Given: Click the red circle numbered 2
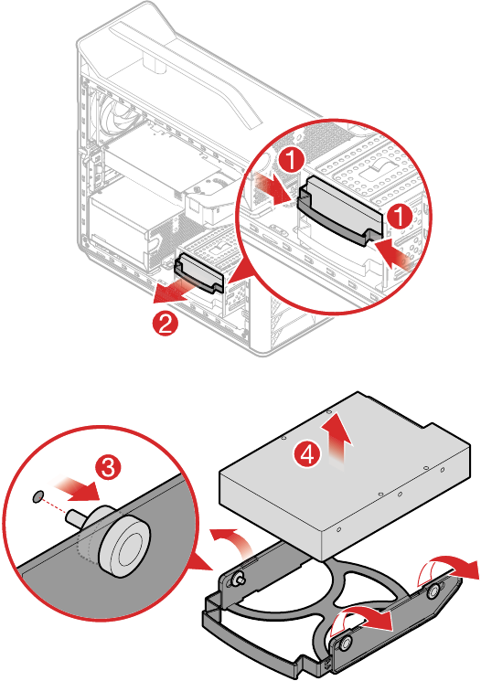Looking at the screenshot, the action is click(166, 323).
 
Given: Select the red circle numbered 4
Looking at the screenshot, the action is click(307, 454).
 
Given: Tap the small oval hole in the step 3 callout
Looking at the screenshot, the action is click(38, 496).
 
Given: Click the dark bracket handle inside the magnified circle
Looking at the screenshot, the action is click(340, 210).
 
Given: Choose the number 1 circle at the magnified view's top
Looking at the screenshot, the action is click(291, 159).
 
